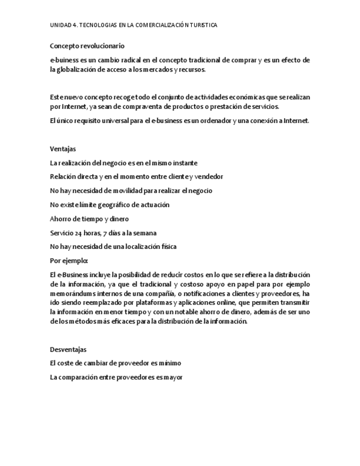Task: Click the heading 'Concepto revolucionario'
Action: click(87, 46)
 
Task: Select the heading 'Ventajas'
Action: click(63, 149)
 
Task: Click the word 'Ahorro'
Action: click(60, 219)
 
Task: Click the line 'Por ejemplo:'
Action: click(69, 260)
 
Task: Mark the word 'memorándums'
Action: click(71, 293)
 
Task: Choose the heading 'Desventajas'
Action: click(68, 349)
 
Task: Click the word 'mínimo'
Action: click(170, 363)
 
